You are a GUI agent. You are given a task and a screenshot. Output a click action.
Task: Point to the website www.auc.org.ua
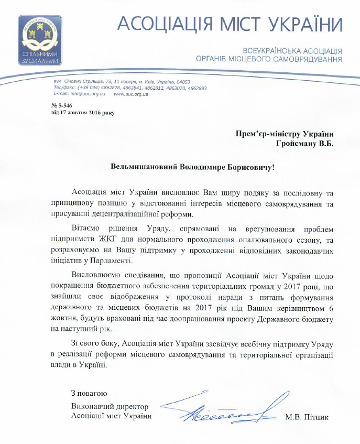coord(131,94)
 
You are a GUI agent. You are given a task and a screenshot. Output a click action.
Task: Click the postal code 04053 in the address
coord(183,82)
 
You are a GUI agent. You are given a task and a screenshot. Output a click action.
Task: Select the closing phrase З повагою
coord(89,393)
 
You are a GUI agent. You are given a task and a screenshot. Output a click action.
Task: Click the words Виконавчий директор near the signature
coord(110,406)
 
